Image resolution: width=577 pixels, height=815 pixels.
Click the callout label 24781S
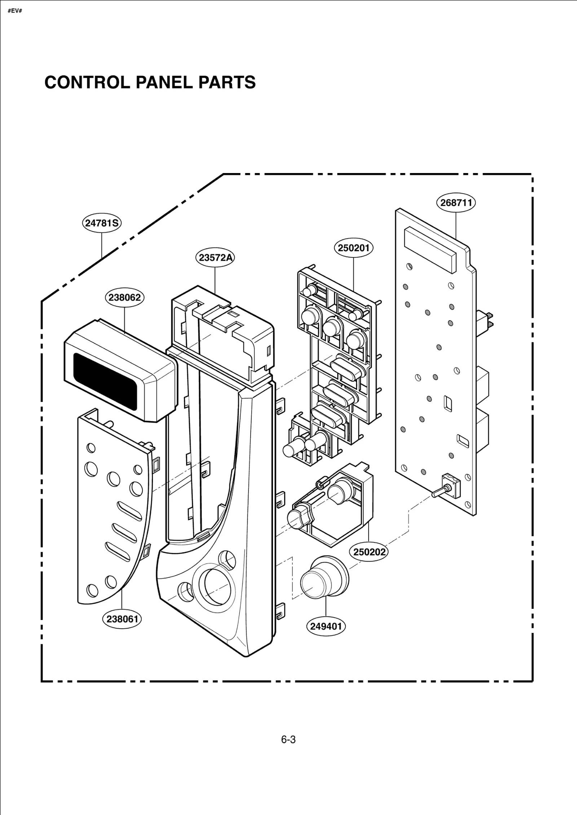point(102,223)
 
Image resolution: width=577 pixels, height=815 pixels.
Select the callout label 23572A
point(215,257)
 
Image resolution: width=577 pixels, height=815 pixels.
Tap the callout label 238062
point(125,297)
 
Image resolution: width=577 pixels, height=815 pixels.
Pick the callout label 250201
point(353,248)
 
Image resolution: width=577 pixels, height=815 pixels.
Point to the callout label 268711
point(456,203)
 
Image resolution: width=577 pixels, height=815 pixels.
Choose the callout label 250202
point(369,552)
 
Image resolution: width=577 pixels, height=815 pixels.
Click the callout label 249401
point(326,626)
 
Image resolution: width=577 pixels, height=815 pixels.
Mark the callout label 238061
point(122,619)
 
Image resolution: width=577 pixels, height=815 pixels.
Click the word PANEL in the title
point(164,83)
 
